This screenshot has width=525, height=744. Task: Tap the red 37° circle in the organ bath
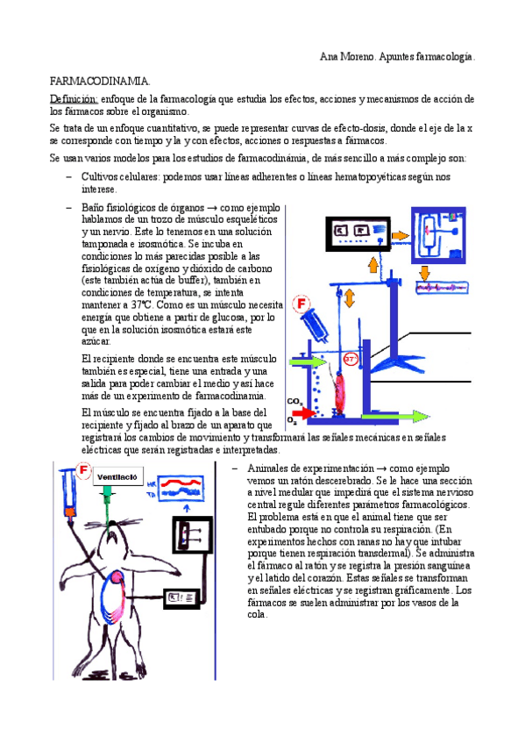coord(350,359)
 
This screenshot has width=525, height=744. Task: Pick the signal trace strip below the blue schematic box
coord(443,287)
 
